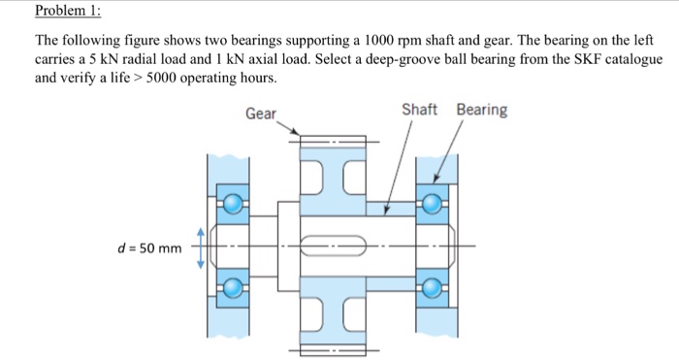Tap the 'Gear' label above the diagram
pyautogui.click(x=260, y=114)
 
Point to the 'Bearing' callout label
pyautogui.click(x=481, y=109)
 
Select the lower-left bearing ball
pyautogui.click(x=233, y=287)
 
